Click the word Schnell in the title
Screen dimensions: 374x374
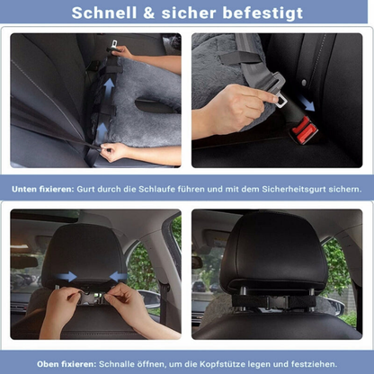[104, 13]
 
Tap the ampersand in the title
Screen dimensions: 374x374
[149, 13]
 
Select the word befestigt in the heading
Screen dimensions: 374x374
[263, 13]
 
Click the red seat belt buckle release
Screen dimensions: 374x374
[304, 129]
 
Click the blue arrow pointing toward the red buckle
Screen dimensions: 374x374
[307, 103]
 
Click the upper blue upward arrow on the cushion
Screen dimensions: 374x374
[109, 86]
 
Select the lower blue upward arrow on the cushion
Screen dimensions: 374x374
[102, 130]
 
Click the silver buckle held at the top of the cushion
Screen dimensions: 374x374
[114, 44]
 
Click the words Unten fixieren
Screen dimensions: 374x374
[42, 190]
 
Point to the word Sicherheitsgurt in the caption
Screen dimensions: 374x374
[294, 190]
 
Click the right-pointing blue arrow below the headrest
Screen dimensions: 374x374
[67, 276]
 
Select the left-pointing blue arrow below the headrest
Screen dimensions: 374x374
[119, 276]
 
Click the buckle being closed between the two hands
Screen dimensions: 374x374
[89, 298]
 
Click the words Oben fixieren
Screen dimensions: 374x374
[67, 364]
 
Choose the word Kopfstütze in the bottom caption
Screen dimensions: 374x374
[222, 365]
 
